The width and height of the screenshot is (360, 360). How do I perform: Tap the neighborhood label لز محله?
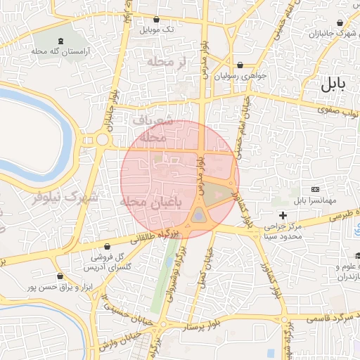165,63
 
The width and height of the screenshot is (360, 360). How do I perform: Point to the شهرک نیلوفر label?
63,197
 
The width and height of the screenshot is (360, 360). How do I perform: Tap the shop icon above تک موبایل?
156,20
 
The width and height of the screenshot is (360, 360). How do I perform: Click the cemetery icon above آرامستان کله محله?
59,41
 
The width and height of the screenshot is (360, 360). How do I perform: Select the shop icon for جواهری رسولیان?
241,65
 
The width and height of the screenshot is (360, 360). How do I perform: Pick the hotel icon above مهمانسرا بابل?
314,190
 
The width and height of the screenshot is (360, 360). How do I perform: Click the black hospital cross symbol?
283,214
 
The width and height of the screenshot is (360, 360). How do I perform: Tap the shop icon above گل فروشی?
107,247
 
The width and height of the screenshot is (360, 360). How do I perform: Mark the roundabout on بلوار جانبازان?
103,139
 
